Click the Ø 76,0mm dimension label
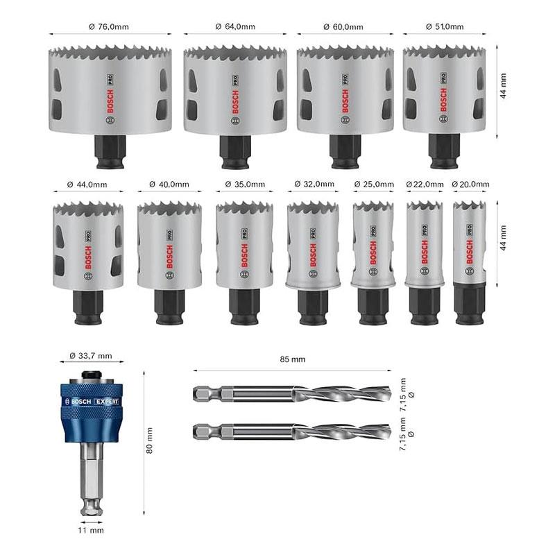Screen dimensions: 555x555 [109, 26]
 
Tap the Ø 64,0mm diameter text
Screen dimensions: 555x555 [235, 26]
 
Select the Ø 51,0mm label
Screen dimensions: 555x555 [445, 26]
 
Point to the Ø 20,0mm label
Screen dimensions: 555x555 [470, 185]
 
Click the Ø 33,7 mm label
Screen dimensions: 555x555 [91, 356]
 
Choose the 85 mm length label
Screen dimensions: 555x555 [292, 359]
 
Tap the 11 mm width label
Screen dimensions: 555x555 [91, 530]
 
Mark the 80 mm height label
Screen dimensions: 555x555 [149, 441]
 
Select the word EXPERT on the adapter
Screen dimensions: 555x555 [106, 402]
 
